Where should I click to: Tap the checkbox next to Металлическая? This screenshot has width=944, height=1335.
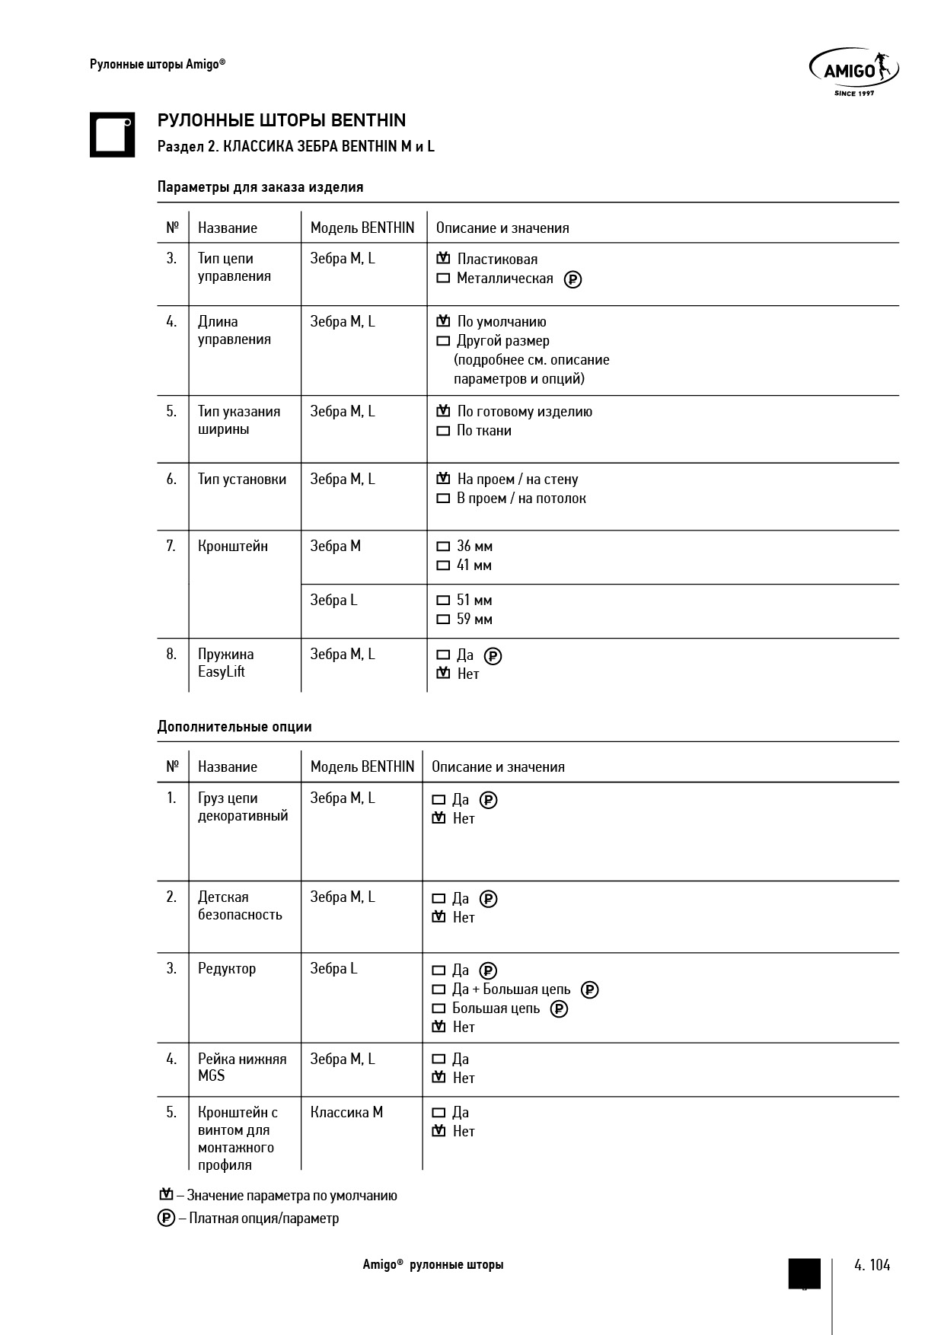coord(443,279)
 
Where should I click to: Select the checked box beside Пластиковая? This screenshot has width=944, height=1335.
coord(443,259)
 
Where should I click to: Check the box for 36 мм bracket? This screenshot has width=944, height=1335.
coord(443,546)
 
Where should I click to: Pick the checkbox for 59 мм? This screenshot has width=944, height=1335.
coord(443,620)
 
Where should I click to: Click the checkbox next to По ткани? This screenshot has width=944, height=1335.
coord(443,431)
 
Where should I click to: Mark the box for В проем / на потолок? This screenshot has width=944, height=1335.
coord(443,499)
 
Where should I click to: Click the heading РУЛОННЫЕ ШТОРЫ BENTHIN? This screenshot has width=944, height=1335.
coord(282,120)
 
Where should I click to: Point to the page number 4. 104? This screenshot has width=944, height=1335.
coord(872,1265)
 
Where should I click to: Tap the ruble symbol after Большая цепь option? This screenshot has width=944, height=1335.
coord(559,1009)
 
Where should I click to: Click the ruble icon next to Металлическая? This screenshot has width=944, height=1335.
coord(572,279)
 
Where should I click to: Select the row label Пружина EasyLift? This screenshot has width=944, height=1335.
coord(226,663)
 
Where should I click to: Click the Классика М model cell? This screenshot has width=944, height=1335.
coord(346,1112)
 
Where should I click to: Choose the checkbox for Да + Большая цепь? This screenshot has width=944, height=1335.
coord(439,989)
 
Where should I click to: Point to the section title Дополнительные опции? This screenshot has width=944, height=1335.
coord(234,726)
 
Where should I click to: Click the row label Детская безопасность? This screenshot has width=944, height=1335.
coord(240,906)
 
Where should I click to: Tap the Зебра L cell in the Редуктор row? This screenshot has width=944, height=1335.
coord(333,968)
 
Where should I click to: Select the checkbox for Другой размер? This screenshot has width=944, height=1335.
coord(443,341)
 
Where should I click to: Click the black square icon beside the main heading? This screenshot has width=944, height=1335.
coord(112,135)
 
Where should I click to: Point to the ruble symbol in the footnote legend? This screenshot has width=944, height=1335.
coord(166,1218)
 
